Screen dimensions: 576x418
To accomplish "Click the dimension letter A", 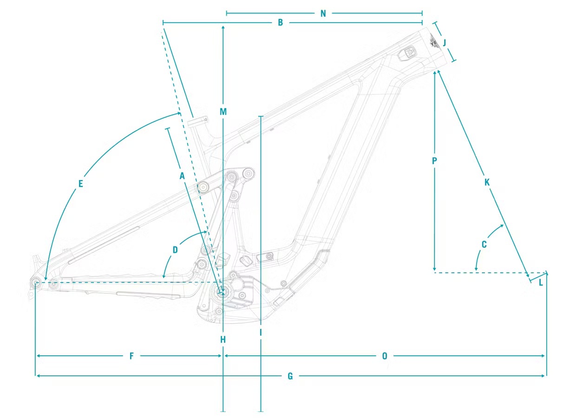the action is (x=182, y=176).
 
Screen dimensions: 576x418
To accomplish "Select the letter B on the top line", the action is (x=280, y=22).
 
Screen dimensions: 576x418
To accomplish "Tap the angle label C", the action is (x=484, y=244).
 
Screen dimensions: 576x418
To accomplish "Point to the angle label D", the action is (x=175, y=250).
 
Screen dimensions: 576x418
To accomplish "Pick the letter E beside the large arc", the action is (x=80, y=184).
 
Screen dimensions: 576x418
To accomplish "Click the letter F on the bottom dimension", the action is (x=131, y=356).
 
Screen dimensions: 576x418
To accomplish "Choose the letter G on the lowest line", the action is (x=290, y=376).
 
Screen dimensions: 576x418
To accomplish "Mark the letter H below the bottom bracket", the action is (x=223, y=340).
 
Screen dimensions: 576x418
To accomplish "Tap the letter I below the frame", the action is (x=261, y=332).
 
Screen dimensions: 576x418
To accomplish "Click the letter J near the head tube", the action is (x=444, y=43).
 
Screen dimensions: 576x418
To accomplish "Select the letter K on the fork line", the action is (x=487, y=182).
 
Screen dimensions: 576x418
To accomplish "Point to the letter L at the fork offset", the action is (x=541, y=283).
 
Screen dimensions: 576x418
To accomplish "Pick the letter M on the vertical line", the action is (x=223, y=111).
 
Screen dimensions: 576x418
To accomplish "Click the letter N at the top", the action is (x=323, y=13).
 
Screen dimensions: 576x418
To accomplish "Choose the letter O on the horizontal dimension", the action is (x=385, y=356).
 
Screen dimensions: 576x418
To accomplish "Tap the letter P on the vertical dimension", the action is (x=434, y=161).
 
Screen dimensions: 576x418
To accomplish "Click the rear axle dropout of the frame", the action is (x=36, y=282).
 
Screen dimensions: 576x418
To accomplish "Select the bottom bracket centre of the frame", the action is (x=223, y=291).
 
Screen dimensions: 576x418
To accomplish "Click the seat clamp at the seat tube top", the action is (x=197, y=122).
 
